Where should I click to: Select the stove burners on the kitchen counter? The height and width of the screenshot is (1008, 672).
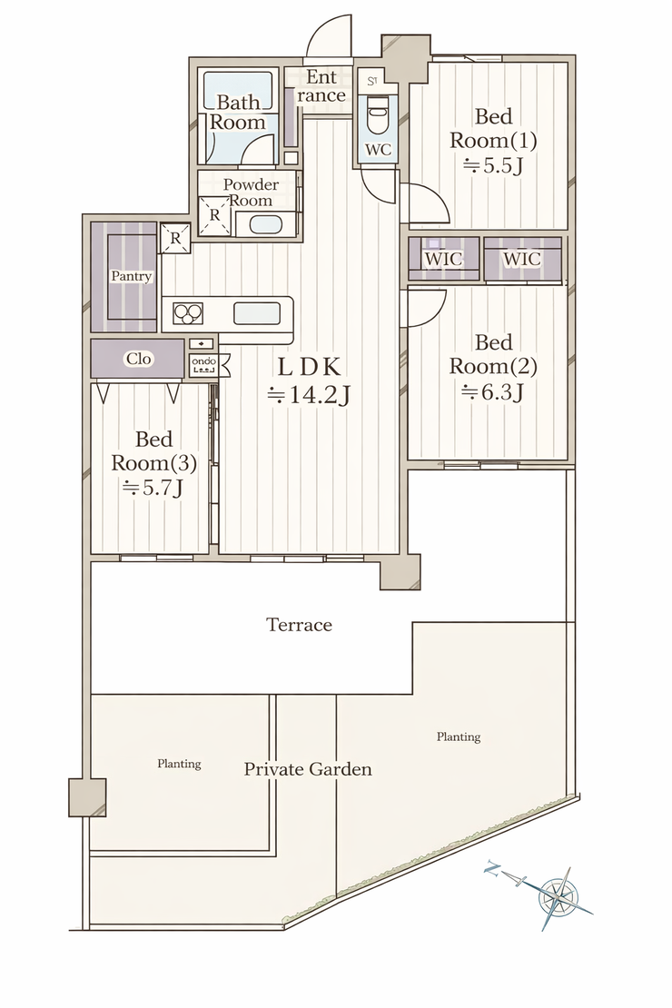tap(188, 313)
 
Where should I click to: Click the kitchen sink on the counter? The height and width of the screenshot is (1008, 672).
tap(257, 313)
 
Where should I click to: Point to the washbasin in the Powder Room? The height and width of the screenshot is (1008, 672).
tap(265, 224)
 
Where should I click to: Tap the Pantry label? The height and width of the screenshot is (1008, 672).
tap(131, 276)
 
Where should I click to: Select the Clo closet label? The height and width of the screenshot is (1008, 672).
tap(138, 359)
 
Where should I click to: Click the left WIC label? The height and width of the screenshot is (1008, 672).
tap(444, 259)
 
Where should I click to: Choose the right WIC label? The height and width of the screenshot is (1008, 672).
tap(522, 259)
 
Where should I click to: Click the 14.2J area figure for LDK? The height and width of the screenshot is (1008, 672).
tap(309, 395)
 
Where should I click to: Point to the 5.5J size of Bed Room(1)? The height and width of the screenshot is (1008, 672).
tap(492, 166)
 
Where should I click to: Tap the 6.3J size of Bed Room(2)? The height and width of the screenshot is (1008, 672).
tap(492, 391)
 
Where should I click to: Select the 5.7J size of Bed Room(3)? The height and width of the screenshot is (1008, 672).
tap(153, 488)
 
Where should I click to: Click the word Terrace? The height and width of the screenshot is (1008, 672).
tap(299, 624)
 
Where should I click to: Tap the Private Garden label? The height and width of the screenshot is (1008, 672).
tap(308, 769)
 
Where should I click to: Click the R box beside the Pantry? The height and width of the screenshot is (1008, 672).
tap(175, 238)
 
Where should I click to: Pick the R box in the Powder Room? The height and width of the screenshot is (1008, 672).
tap(214, 215)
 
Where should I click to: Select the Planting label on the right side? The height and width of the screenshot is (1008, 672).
tap(459, 736)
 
